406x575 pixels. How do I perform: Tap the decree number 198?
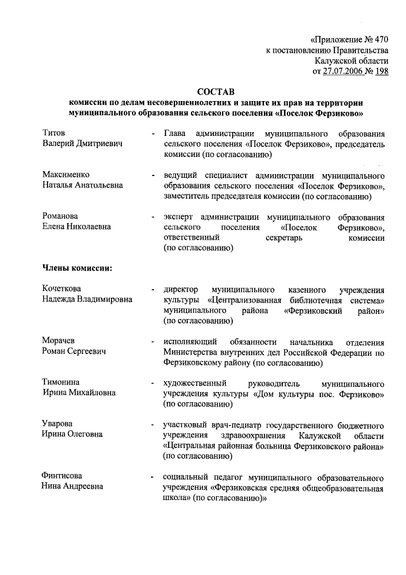[x=381, y=72]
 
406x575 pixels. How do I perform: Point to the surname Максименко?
[x=66, y=174]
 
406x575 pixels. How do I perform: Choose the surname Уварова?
[x=58, y=424]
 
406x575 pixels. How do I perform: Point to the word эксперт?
[x=180, y=215]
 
